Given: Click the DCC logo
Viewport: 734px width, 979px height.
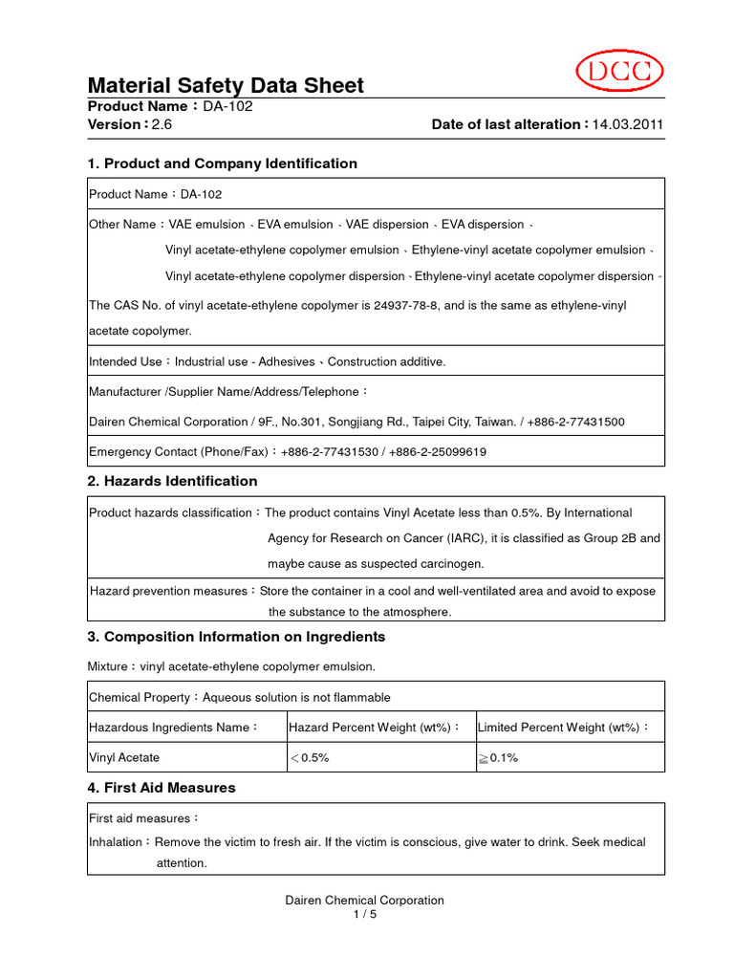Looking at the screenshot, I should pos(619,73).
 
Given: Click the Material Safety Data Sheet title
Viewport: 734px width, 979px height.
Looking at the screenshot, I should pos(226,86).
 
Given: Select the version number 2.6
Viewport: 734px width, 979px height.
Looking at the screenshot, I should pos(162,124).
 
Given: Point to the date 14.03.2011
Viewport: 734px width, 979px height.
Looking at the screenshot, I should pos(628,124).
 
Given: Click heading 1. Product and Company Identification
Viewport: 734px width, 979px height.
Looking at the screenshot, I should pos(222,163).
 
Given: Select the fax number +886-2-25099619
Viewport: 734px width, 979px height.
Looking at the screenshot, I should pos(438,452).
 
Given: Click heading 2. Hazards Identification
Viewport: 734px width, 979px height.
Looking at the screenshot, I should pos(172,481).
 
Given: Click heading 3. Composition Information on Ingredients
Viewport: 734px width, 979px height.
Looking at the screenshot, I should pos(236,637).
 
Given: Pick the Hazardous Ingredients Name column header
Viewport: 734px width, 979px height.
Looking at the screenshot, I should pos(173,728).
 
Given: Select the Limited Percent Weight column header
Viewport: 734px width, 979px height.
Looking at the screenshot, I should pos(563,728).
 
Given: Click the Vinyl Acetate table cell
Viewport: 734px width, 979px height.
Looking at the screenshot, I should pos(124,757).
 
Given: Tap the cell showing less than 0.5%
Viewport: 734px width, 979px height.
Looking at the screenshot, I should pos(310,757).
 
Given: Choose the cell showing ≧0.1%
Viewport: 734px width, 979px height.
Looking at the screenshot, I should pos(498,757).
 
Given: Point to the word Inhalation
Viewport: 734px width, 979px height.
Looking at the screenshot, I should pos(116,842).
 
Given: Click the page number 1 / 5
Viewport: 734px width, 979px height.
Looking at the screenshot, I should pos(365,914).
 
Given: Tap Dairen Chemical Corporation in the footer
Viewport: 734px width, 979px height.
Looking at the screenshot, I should pos(365,901).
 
